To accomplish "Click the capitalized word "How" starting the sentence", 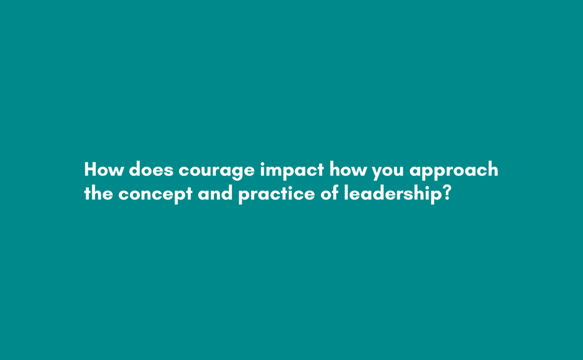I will [104, 169].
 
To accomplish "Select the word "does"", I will [151, 169].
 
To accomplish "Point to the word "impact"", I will [291, 170].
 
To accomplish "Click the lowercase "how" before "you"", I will [348, 169].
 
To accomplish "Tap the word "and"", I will [215, 193].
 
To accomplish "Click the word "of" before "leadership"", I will [329, 193].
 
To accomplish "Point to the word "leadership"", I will [392, 194].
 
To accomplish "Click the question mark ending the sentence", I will [447, 193].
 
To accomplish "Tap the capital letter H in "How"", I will [91, 169].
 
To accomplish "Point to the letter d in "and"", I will [227, 193].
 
